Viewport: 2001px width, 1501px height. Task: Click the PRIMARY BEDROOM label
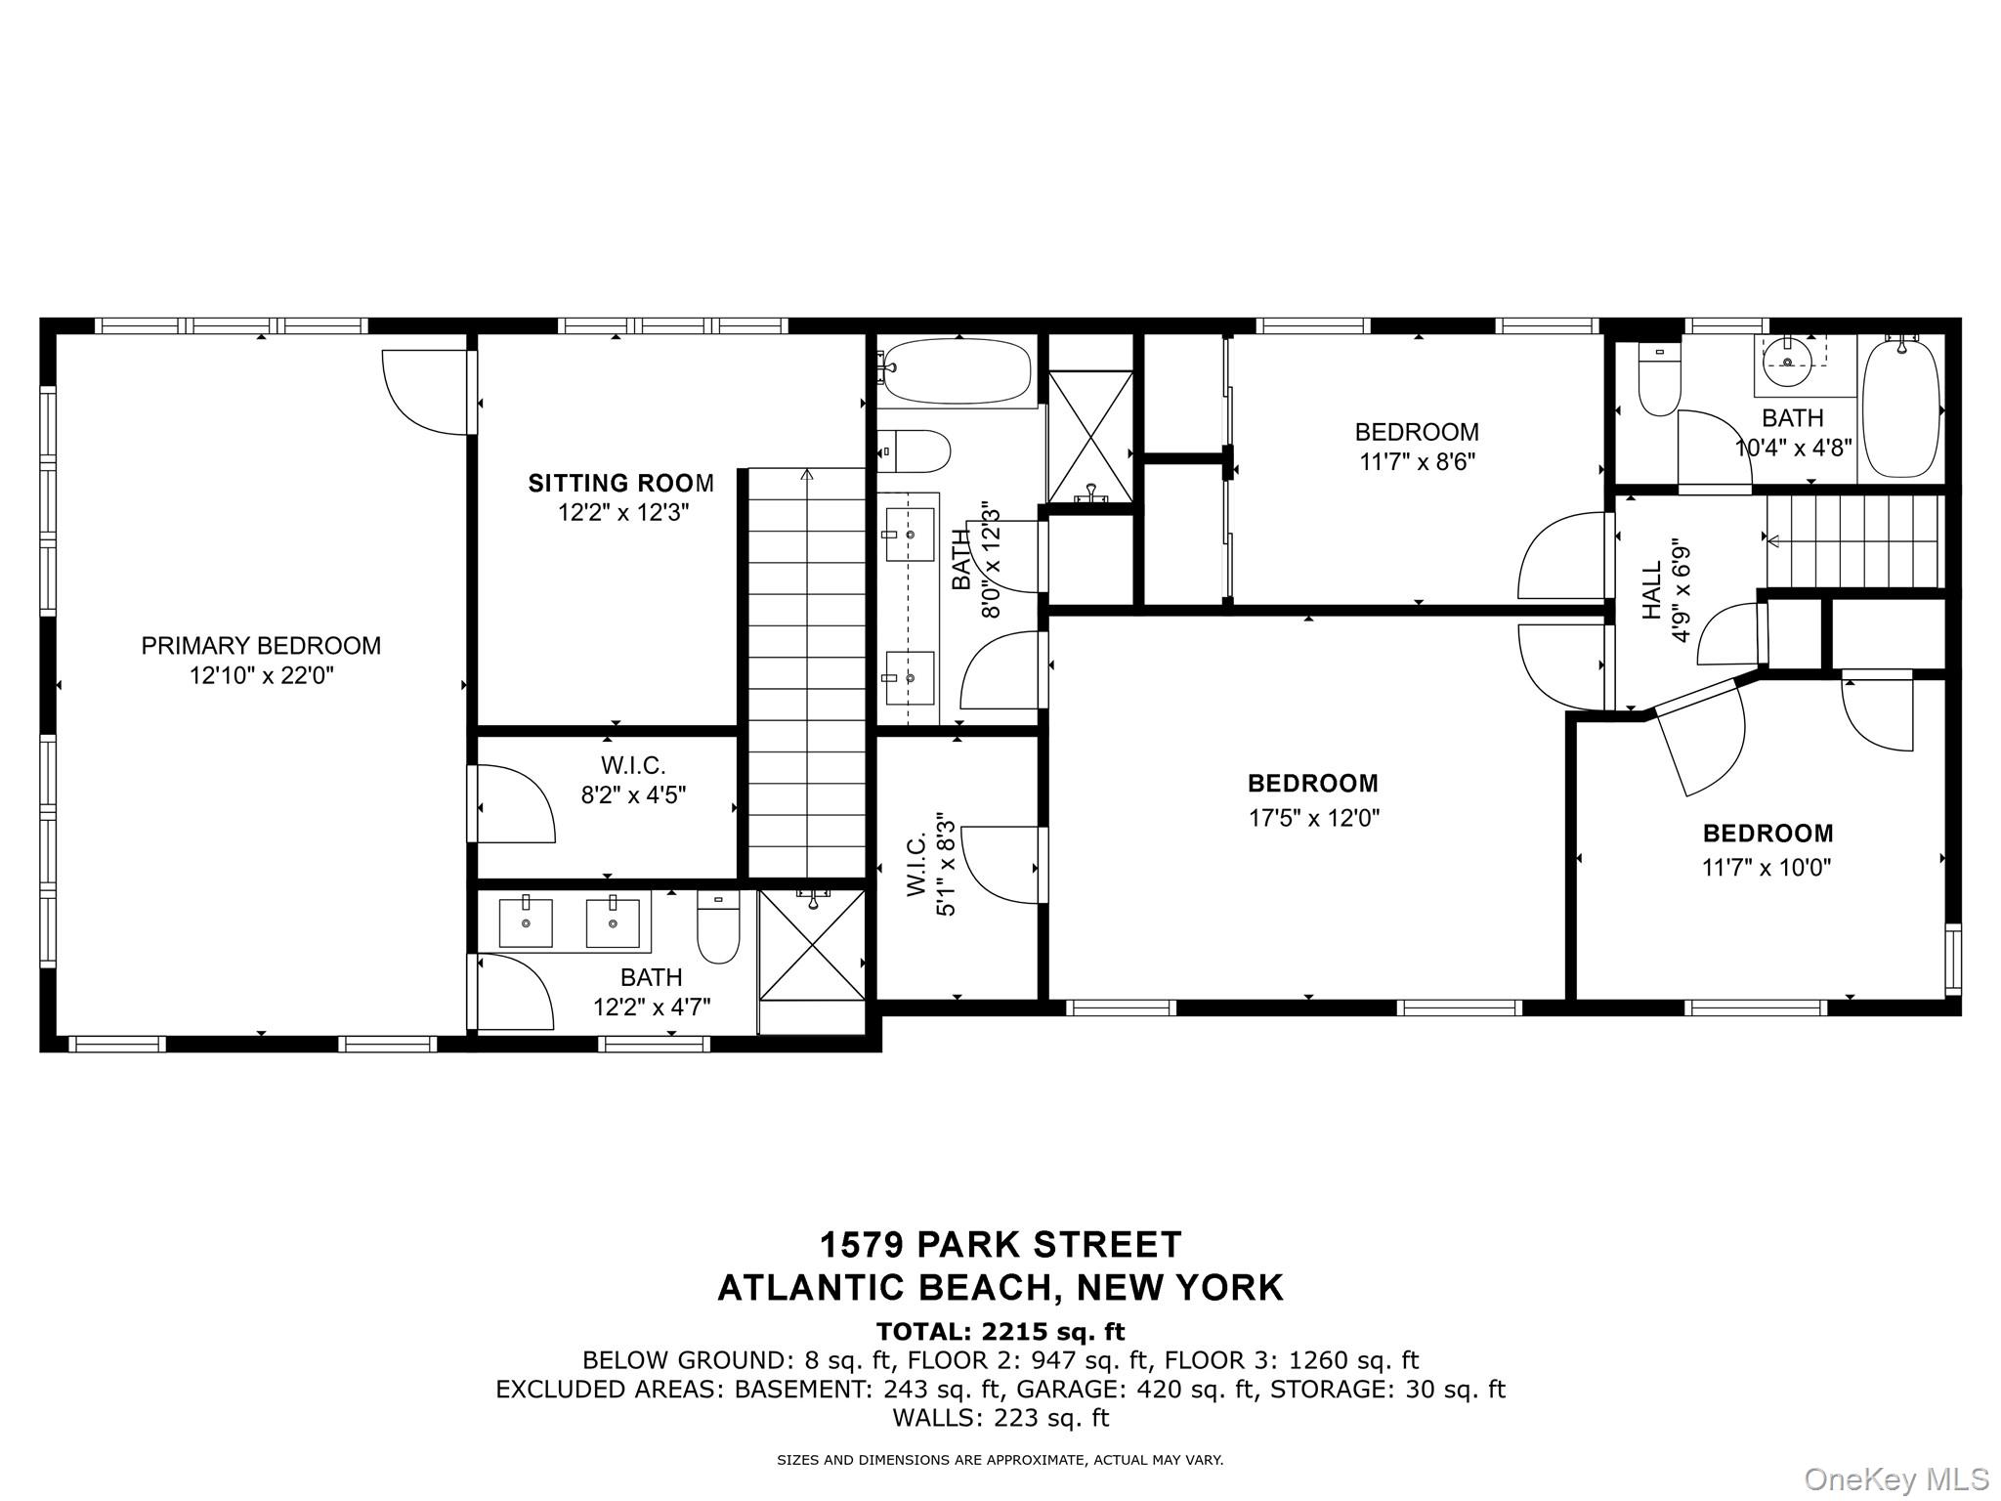[261, 646]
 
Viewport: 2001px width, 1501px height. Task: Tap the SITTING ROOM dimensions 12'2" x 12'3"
[623, 513]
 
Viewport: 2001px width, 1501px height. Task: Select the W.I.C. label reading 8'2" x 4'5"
[633, 765]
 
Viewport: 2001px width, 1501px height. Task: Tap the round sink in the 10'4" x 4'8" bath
[1788, 364]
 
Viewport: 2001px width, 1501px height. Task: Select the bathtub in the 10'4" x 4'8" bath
[1901, 408]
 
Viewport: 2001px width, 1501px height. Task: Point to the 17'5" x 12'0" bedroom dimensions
[1313, 818]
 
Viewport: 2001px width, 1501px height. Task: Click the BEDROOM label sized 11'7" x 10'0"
[1767, 834]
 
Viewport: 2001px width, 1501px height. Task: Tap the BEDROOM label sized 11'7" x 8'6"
[1417, 432]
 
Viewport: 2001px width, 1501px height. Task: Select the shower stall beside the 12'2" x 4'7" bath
[812, 945]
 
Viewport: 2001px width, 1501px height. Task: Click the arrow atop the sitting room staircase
[807, 476]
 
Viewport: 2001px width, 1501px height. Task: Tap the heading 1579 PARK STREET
[1000, 1245]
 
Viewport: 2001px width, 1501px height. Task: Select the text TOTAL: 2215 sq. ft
[1000, 1332]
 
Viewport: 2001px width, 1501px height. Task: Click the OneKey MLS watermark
[1895, 1480]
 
